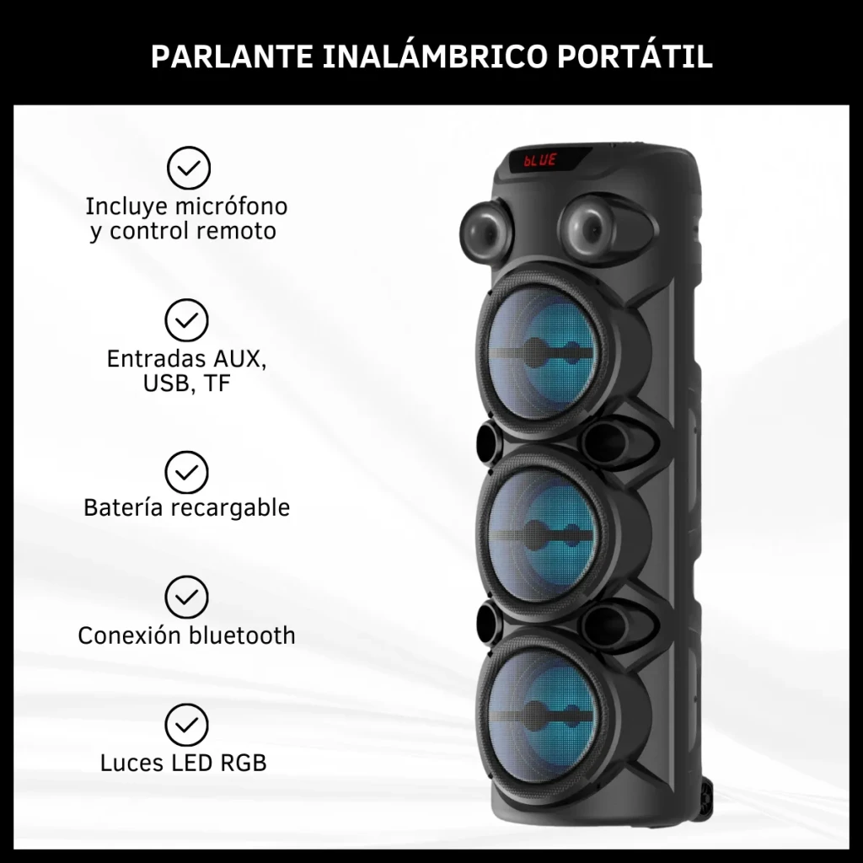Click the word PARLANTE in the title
tap(232, 56)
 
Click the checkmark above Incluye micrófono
tap(188, 168)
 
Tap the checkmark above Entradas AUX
tap(186, 320)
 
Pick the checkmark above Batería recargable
tap(186, 472)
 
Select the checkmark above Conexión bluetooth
tap(186, 598)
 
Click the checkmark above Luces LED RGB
tap(186, 725)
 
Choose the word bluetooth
tap(242, 635)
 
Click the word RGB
tap(244, 763)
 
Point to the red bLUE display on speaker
tap(540, 160)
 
